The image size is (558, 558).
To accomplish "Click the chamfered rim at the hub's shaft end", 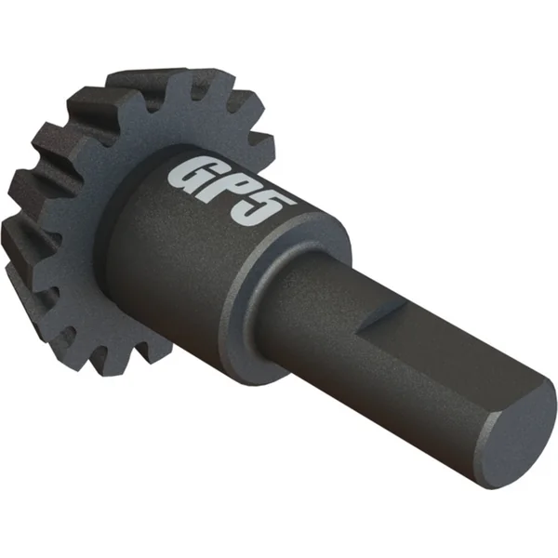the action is click(x=285, y=276).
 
